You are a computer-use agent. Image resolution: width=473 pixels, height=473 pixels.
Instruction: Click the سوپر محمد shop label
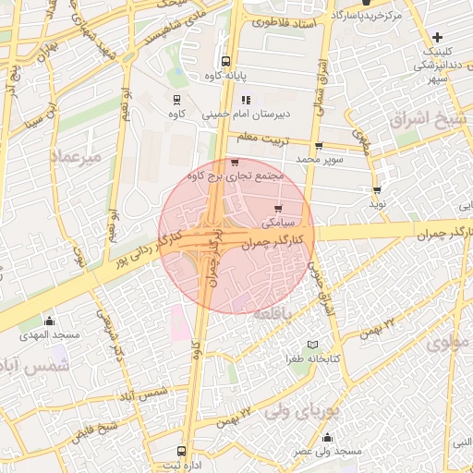pos(320,160)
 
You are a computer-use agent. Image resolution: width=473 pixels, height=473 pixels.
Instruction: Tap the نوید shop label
pos(377,203)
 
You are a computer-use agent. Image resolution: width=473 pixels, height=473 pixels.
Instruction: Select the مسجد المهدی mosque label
pos(49,334)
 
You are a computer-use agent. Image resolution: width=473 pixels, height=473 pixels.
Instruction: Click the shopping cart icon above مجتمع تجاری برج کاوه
pos(246,163)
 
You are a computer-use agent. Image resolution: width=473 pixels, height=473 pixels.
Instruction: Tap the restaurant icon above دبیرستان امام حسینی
pos(246,100)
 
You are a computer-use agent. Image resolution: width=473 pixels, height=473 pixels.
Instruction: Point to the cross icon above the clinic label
pos(436,38)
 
